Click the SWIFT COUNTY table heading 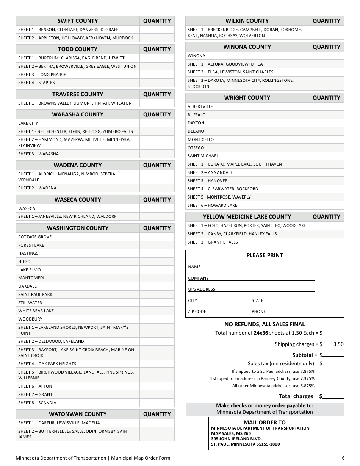click(78, 21)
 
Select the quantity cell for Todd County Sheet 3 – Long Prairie click(157, 75)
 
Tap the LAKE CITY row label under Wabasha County click(28, 123)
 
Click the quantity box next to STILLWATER click(157, 303)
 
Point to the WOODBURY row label click(30, 319)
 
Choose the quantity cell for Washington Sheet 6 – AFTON click(157, 386)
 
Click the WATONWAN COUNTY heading click(78, 414)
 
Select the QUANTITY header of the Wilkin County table click(326, 21)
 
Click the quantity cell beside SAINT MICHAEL click(326, 156)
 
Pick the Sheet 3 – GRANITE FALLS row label click(213, 242)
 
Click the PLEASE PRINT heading click(265, 255)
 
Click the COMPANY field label click(198, 278)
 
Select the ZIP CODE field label click(197, 311)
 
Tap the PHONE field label click(258, 311)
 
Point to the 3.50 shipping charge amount click(338, 344)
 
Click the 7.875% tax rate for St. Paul click(307, 371)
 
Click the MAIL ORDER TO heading click(265, 422)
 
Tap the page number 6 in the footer click(343, 458)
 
